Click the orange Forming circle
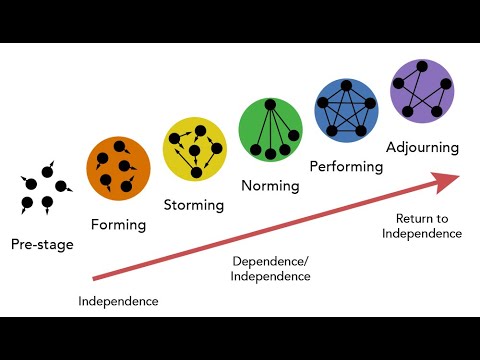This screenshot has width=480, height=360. click(119, 167)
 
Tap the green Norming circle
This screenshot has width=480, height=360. click(270, 128)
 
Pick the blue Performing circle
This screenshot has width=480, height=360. click(346, 108)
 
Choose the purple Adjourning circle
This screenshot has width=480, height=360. click(422, 90)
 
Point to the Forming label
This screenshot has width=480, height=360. click(118, 224)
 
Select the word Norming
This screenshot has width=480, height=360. click(270, 186)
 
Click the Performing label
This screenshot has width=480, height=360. click(346, 166)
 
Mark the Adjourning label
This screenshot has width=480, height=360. click(422, 147)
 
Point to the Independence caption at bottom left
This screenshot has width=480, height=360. click(118, 300)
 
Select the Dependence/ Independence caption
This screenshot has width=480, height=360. click(271, 269)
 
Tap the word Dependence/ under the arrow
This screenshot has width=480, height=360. click(271, 262)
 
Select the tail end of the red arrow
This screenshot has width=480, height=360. click(95, 277)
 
